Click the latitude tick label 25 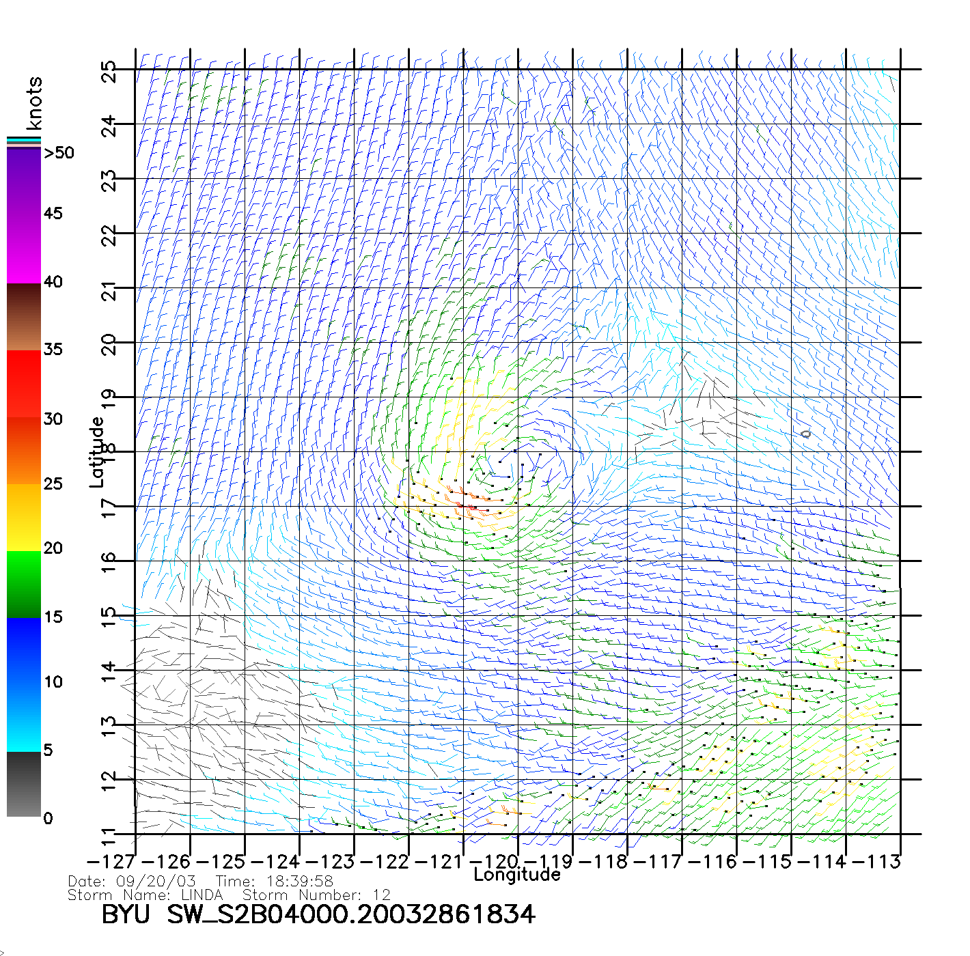(x=109, y=72)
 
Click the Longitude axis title (x=517, y=875)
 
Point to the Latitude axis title (x=97, y=451)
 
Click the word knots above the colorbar (x=34, y=103)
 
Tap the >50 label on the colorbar (x=59, y=153)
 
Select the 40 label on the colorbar (x=53, y=282)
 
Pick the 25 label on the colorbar (x=53, y=484)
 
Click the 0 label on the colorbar (x=48, y=819)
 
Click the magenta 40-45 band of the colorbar (x=24, y=249)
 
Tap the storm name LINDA (x=202, y=895)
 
